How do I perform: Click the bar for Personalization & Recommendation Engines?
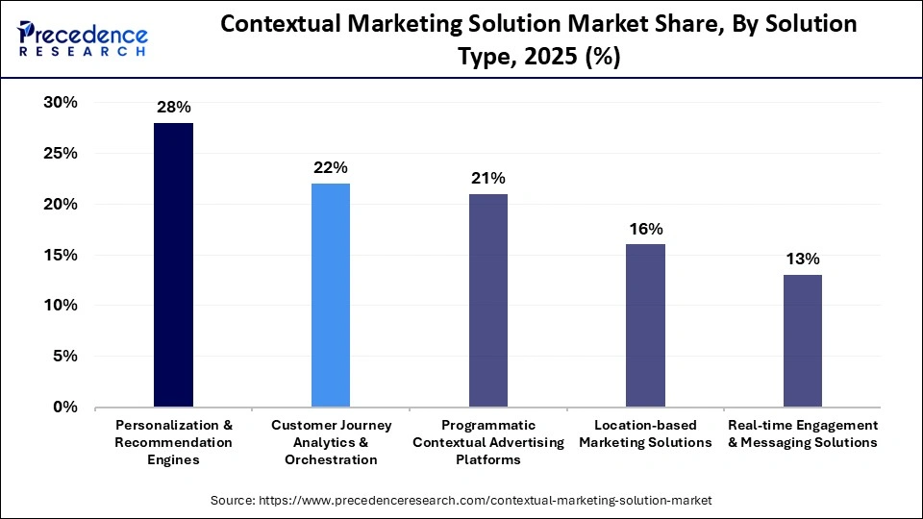point(173,265)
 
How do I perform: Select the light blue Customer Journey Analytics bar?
point(331,295)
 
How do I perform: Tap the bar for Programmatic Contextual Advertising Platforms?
point(487,301)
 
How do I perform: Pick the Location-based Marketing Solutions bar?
point(645,326)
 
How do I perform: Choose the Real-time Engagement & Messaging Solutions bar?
point(802,341)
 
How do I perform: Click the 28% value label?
point(173,107)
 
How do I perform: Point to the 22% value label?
point(331,167)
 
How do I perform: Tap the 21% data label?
point(487,178)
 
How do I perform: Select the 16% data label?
point(645,229)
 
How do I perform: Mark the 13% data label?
point(802,259)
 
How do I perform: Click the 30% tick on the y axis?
point(60,103)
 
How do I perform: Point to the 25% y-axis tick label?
point(60,154)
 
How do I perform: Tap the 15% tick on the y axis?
point(60,255)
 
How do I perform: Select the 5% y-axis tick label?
point(64,357)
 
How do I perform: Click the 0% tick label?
point(64,408)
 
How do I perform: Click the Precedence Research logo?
point(82,39)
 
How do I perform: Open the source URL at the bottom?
point(461,501)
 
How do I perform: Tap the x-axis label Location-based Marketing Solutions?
point(645,433)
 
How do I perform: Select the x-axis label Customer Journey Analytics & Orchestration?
point(331,442)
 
